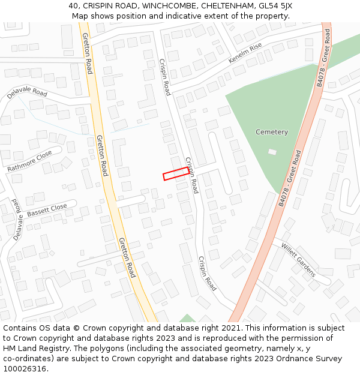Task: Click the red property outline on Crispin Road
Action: pos(177,173)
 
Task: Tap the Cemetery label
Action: pos(272,132)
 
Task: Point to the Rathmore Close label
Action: pos(29,161)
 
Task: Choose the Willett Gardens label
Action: pos(298,260)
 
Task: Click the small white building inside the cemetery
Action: pos(272,152)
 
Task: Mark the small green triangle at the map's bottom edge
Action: pos(188,319)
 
